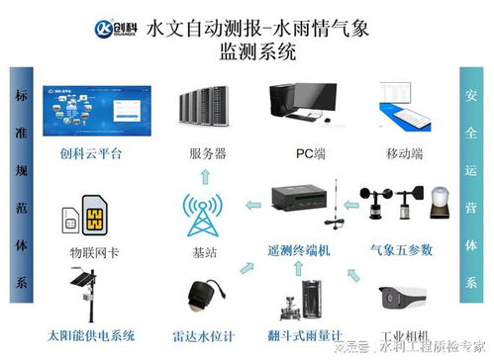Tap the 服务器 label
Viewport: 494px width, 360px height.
click(207, 154)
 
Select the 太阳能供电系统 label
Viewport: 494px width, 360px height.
click(89, 334)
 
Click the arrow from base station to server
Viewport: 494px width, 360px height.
click(205, 176)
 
